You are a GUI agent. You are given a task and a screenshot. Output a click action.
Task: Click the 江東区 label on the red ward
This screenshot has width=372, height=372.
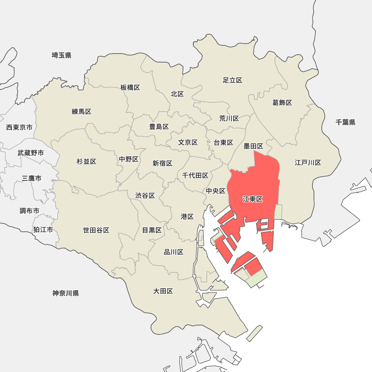click(253, 199)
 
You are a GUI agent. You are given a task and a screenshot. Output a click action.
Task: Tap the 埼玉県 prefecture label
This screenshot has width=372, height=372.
click(61, 55)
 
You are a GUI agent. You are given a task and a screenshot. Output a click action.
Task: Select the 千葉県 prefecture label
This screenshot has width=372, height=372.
click(345, 122)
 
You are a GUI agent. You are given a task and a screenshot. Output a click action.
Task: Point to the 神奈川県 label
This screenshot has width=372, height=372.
click(65, 293)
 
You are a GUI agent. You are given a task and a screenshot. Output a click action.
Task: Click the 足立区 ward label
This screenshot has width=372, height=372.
click(232, 80)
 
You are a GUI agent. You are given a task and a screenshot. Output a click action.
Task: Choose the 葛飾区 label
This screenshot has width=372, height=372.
click(282, 103)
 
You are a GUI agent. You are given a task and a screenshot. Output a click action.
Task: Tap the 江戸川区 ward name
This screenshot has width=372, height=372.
click(308, 163)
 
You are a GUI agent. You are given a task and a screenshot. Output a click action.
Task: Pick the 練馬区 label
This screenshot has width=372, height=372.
click(81, 112)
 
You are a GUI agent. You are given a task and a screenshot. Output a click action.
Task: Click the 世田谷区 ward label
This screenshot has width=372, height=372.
click(96, 230)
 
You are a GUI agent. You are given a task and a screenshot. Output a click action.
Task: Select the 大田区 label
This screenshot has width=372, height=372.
click(163, 291)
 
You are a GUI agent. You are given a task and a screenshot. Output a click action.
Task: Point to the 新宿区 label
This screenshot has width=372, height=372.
click(163, 163)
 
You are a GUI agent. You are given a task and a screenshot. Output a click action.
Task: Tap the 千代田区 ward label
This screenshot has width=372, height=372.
click(195, 175)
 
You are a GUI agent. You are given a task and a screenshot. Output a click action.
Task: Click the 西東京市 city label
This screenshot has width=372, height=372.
click(19, 128)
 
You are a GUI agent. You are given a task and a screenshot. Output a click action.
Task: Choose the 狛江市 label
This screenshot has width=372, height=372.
click(43, 230)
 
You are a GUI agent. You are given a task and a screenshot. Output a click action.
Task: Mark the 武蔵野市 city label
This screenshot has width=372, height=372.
click(31, 153)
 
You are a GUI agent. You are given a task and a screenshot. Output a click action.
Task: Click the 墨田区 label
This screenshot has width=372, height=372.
click(253, 146)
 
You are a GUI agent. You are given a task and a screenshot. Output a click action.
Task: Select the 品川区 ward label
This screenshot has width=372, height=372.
click(174, 252)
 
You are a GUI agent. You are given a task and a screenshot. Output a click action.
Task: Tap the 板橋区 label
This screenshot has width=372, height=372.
click(130, 87)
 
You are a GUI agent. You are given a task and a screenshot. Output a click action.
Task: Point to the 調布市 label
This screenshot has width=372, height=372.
click(29, 211)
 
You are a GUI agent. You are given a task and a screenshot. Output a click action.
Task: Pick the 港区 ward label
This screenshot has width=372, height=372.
click(187, 217)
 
